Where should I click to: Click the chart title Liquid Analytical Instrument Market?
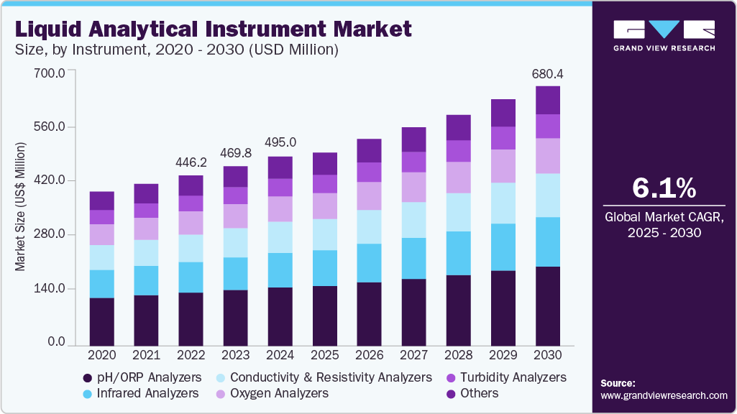214,29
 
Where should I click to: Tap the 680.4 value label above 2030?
548,73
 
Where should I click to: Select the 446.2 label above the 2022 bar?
191,162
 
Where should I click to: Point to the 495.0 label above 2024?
280,142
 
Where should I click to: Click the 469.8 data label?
236,153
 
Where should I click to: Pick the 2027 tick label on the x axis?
414,355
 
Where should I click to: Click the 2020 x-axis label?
102,355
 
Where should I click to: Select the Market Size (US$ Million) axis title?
21,207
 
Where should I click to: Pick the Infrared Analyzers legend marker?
87,394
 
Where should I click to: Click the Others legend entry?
479,393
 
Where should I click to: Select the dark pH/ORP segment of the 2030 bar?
548,306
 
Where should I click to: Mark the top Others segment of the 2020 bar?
102,201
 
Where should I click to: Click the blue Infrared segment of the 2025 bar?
325,268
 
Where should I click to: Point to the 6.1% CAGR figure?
664,188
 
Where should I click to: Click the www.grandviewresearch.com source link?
664,395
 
